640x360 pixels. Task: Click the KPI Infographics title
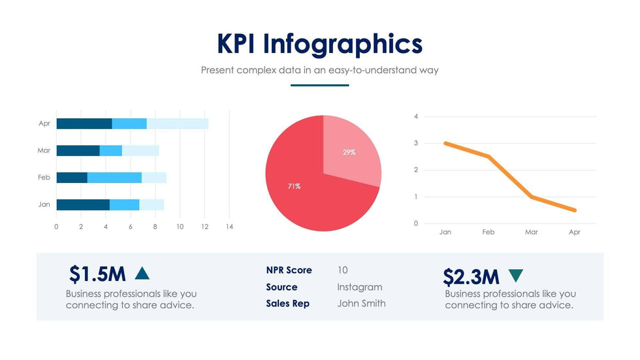click(319, 44)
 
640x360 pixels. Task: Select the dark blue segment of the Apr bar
click(84, 123)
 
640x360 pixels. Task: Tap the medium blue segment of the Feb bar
click(114, 178)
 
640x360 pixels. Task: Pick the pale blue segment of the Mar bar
click(140, 151)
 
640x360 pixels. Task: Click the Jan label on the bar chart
click(44, 205)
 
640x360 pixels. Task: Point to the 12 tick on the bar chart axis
click(204, 227)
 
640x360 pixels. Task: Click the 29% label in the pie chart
click(349, 152)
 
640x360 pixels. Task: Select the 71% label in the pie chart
click(294, 186)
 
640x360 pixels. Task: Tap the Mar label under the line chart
click(532, 232)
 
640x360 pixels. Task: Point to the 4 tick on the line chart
click(416, 116)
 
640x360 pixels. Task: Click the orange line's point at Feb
click(488, 157)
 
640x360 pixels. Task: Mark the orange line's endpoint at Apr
click(575, 210)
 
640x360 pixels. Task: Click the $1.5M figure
click(97, 274)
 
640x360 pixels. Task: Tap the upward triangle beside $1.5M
click(142, 273)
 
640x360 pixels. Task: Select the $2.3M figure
click(471, 276)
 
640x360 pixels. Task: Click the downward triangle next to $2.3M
click(515, 276)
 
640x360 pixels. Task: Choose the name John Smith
click(361, 303)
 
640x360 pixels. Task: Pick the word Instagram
click(359, 287)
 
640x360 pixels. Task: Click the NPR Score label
click(289, 270)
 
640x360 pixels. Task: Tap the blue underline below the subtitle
click(319, 85)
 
